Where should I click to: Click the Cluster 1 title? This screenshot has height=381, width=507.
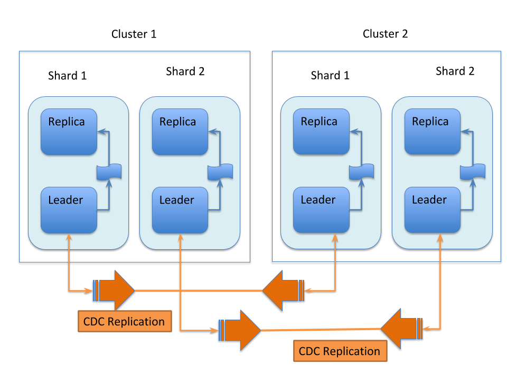[x=134, y=34]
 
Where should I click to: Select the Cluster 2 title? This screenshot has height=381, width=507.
[x=385, y=34]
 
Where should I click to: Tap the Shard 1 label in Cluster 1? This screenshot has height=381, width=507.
[x=67, y=75]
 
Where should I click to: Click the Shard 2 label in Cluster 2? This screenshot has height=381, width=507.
[x=455, y=71]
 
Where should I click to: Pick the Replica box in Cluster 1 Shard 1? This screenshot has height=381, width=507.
[x=69, y=132]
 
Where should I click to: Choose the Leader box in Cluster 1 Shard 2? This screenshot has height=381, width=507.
[x=180, y=210]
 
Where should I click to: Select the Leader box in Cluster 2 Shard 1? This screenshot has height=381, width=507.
[x=321, y=210]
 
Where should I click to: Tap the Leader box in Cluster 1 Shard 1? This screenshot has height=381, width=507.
[x=69, y=210]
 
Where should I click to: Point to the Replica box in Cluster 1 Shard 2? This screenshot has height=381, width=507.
[x=180, y=132]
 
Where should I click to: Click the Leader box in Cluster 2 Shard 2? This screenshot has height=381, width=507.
[x=433, y=210]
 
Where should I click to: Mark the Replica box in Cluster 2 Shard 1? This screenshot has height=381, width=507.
[x=321, y=132]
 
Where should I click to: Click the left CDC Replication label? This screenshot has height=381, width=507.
[x=125, y=321]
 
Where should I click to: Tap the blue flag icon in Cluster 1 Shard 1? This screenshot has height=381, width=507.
[x=109, y=172]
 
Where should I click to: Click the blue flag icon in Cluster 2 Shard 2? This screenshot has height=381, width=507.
[x=473, y=172]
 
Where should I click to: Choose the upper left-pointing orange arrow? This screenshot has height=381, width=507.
[x=283, y=290]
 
